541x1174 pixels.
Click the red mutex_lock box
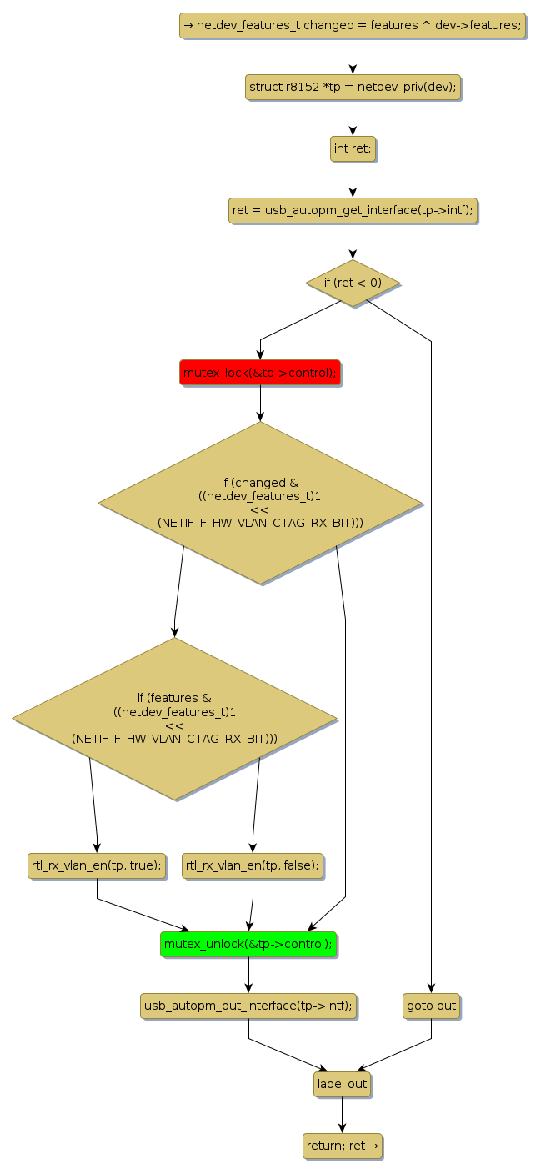coord(260,373)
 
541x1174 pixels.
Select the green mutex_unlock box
coord(248,944)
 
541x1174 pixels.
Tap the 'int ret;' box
coord(353,148)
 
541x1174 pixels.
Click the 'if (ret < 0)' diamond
coord(353,283)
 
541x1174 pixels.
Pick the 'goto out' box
coord(431,1006)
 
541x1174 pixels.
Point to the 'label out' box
coord(342,1084)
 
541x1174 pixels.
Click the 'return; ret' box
coord(342,1146)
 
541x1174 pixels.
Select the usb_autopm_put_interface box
coord(248,1006)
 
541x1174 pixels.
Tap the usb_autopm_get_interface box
coord(353,210)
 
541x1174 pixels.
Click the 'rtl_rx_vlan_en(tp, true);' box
coord(97,865)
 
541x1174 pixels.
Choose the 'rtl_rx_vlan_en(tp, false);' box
coord(253,865)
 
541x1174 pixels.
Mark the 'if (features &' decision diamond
coord(175,718)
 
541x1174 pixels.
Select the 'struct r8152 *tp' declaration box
coord(353,87)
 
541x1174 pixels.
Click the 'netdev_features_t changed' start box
coord(353,25)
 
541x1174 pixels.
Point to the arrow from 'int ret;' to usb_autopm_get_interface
coord(353,179)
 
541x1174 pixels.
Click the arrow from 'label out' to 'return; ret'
coord(342,1115)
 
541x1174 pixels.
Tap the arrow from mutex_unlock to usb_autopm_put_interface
coord(248,975)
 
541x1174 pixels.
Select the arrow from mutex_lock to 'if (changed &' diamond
coord(260,404)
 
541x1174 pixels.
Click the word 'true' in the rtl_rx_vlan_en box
coord(142,865)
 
